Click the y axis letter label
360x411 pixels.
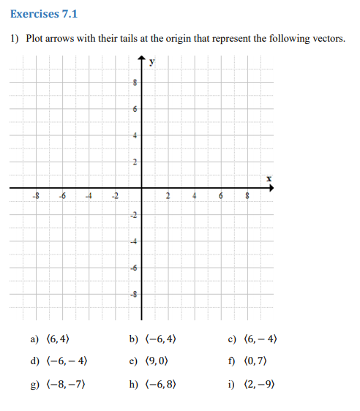tap(151, 62)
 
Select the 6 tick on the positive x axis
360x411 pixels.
tap(221, 195)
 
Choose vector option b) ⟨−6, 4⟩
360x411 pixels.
tap(153, 339)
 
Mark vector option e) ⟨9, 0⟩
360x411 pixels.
tap(149, 361)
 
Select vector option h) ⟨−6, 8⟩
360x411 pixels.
tap(153, 384)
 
